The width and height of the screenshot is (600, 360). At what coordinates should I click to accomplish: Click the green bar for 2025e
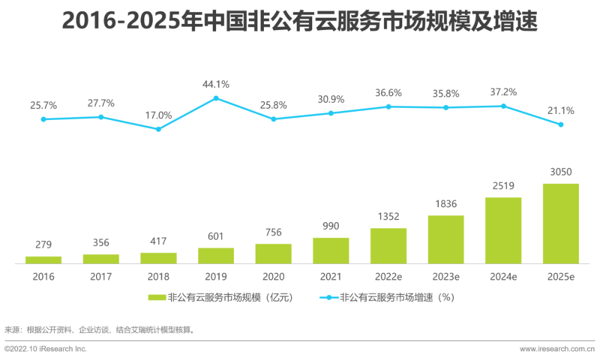click(561, 223)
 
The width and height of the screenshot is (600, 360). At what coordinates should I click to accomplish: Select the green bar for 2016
click(43, 260)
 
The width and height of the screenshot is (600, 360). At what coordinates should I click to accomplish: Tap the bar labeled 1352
click(388, 246)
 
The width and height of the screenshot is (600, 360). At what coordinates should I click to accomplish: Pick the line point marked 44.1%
click(216, 98)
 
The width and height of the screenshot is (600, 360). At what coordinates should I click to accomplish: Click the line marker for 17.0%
click(158, 129)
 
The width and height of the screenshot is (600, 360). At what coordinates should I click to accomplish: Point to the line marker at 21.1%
click(561, 124)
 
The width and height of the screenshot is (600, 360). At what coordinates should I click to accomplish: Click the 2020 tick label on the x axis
click(273, 277)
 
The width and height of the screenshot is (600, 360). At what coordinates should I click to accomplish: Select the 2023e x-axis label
click(446, 277)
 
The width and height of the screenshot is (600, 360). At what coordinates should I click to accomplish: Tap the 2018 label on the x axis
click(158, 277)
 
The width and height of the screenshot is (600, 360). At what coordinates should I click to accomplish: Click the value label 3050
click(561, 172)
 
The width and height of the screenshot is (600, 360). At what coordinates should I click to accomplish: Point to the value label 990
click(331, 226)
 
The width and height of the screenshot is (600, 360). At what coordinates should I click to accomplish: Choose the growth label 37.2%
click(503, 92)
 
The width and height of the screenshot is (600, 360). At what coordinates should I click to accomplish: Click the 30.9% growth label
click(331, 99)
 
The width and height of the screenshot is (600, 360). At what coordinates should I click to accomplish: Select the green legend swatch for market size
click(157, 298)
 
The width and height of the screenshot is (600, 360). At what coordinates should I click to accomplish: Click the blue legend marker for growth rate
click(328, 298)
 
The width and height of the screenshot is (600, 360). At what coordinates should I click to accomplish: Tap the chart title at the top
click(300, 21)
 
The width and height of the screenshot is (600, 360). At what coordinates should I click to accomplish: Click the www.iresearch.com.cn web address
click(557, 349)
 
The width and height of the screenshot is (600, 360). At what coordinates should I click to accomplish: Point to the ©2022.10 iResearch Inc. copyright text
click(46, 349)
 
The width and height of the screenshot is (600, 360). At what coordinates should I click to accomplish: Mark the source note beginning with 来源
click(100, 330)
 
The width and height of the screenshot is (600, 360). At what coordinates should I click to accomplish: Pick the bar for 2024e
click(503, 230)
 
